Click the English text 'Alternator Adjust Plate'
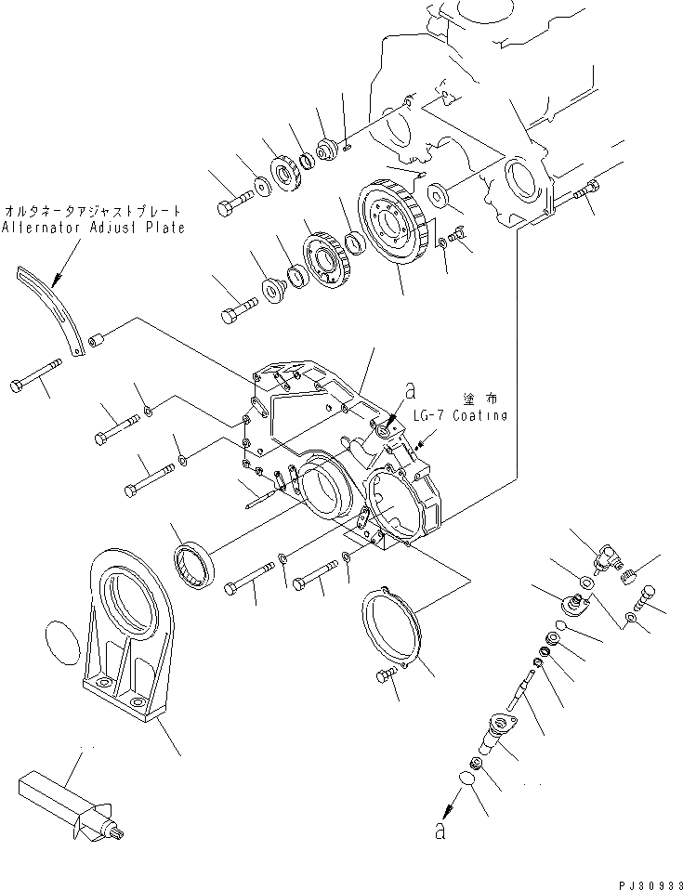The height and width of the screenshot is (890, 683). [x=92, y=228]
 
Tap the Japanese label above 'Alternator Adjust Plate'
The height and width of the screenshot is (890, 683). [x=92, y=211]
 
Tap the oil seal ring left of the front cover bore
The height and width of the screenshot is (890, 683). [x=196, y=567]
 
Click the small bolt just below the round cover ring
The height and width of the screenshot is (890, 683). [x=383, y=678]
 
